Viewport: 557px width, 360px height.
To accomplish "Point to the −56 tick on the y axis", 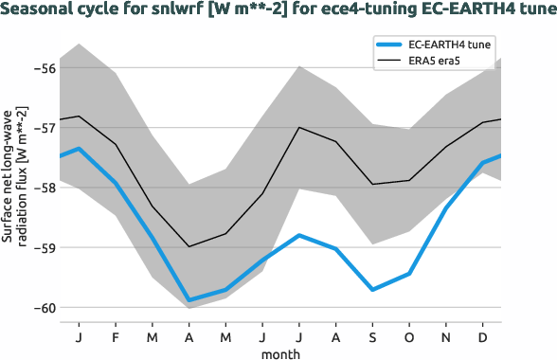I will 44,68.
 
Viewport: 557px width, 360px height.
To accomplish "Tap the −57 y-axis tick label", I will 44,128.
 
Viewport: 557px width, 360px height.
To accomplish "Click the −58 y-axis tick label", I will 44,188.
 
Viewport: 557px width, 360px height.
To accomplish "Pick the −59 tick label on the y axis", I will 44,247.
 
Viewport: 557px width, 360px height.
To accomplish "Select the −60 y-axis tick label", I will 44,307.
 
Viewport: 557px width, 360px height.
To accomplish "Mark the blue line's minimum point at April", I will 189,300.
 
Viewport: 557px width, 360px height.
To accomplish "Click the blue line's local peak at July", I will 299,235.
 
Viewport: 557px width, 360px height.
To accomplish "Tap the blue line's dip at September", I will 372,289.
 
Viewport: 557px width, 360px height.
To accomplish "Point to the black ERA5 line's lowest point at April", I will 189,246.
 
